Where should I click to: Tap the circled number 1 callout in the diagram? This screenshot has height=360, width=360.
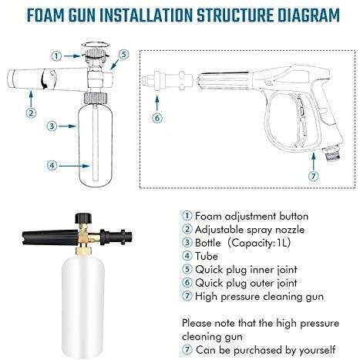coord(56,56)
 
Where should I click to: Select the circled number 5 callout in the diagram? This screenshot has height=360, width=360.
coord(124,55)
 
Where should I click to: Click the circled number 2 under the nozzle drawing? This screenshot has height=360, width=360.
coord(31,113)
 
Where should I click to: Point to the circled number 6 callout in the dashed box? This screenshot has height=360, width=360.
coord(157,118)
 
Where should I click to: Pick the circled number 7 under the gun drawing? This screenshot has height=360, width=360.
coord(313,177)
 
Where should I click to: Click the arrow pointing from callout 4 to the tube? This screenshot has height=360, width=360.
coord(75,166)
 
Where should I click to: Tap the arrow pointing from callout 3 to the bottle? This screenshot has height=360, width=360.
coord(68,126)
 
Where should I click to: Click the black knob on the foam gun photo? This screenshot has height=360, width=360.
coord(83,218)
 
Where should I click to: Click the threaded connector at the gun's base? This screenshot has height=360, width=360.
coord(331,153)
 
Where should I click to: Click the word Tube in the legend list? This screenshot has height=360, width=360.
coord(207,256)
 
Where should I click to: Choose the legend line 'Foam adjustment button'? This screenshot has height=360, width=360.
coord(245,216)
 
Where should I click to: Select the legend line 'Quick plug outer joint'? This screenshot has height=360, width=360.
coord(240,283)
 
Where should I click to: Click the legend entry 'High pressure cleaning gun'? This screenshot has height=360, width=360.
coord(253,297)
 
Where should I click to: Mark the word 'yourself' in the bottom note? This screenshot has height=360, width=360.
coord(317,350)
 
